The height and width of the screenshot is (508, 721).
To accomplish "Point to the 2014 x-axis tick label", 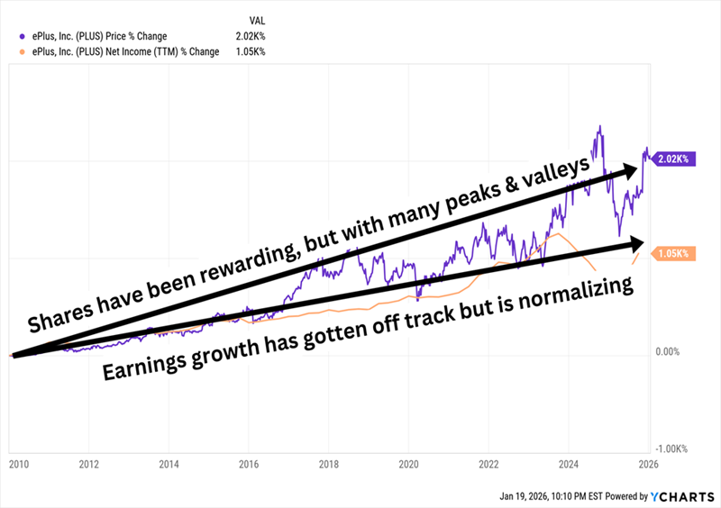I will point(169,464).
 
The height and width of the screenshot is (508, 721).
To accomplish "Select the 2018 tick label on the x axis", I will point(328,464).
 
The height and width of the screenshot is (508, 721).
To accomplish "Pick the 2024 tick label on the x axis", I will point(569,464).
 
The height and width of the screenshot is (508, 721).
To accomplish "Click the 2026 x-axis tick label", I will point(648,464).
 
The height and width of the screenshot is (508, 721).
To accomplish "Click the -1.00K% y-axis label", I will point(671,449).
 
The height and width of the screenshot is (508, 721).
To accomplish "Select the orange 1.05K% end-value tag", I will point(672,255).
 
